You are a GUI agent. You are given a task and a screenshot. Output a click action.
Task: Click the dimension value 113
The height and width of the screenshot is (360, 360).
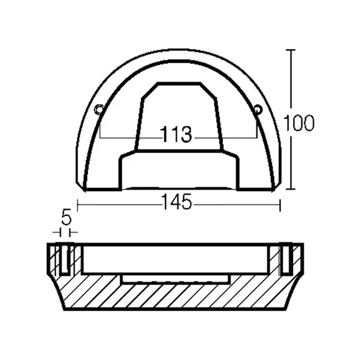(177, 135)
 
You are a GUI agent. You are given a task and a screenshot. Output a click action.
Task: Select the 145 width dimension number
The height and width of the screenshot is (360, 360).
(177, 203)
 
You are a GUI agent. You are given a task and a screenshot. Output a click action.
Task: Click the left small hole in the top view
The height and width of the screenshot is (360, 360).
(99, 111)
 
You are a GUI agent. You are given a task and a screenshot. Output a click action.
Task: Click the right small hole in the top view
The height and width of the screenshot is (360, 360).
(257, 110)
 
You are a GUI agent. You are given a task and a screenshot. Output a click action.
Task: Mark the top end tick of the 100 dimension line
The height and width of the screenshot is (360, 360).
(291, 49)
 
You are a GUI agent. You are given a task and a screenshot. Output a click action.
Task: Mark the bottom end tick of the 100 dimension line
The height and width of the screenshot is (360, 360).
(291, 189)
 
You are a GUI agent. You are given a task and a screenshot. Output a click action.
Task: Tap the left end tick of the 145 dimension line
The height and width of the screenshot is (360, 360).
(77, 203)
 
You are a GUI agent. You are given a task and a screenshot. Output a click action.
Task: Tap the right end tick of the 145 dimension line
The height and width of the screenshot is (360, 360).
(278, 203)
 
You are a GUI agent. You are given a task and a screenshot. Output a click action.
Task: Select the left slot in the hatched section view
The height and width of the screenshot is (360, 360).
(65, 259)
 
